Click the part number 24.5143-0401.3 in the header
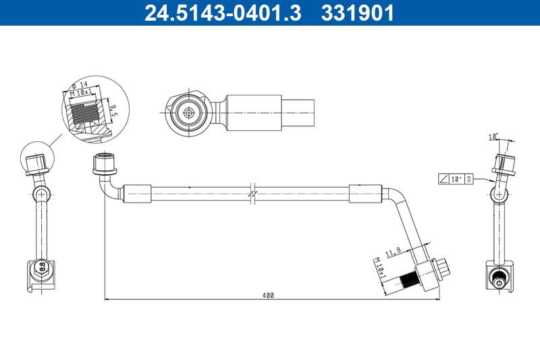coord(223,13)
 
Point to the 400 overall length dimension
coord(269,295)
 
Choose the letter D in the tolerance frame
coord(468,179)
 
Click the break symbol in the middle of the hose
coord(251,193)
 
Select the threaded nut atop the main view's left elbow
coord(105,163)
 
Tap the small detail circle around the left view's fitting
coord(39,160)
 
